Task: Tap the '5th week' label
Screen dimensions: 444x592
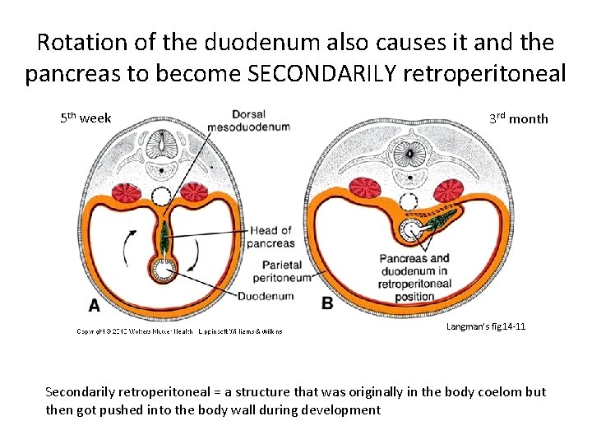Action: [x=86, y=118]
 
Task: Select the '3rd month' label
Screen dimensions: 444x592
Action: [x=518, y=118]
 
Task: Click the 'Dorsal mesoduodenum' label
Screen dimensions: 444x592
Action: [x=260, y=121]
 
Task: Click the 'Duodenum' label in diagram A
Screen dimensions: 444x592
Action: [x=266, y=296]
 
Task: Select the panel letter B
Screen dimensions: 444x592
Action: [x=327, y=303]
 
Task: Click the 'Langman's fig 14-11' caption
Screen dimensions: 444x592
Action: [x=486, y=327]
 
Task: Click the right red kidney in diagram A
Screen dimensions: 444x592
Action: [x=194, y=192]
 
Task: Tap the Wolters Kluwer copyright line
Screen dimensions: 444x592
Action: [x=179, y=331]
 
